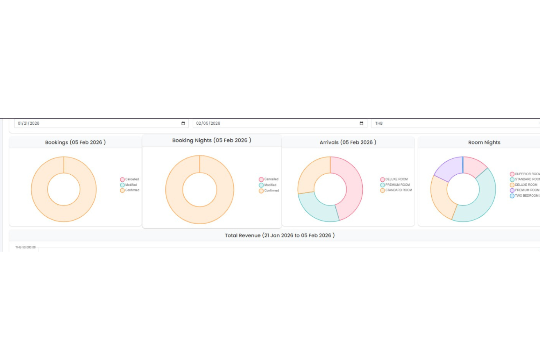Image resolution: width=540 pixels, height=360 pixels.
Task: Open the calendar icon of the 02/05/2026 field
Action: [361, 123]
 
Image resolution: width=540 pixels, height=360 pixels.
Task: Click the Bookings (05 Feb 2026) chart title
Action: [76, 142]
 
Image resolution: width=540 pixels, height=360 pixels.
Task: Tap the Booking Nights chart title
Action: [212, 140]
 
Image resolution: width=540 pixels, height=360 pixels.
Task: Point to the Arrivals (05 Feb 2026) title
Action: [348, 142]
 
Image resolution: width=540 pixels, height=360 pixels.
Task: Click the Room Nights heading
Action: [484, 142]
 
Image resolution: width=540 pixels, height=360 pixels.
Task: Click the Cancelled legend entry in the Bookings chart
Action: [130, 179]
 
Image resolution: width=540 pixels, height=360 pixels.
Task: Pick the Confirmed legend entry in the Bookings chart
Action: [130, 190]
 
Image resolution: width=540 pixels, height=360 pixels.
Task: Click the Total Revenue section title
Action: [279, 235]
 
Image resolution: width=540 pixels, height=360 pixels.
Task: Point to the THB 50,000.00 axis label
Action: [26, 247]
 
